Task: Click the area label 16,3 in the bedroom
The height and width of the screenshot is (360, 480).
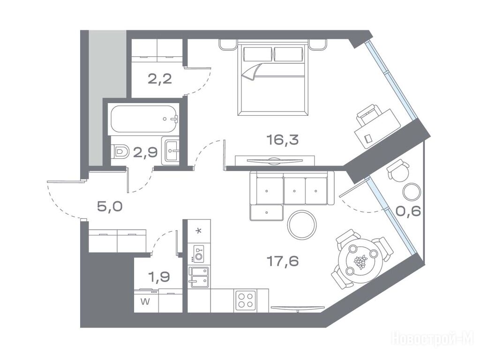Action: tap(282, 140)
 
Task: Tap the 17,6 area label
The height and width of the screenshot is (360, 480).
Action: tap(282, 261)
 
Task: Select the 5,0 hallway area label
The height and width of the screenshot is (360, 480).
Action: tap(110, 206)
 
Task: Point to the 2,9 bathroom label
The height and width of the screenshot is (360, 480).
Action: tap(145, 152)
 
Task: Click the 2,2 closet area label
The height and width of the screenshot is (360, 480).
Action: tap(159, 79)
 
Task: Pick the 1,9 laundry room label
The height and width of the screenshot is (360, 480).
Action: tap(159, 277)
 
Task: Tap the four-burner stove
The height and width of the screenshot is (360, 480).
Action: tap(246, 300)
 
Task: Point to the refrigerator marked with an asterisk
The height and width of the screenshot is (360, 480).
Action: tap(199, 232)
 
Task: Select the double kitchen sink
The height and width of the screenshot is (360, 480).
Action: tap(199, 277)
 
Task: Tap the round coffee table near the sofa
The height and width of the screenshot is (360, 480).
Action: tap(301, 225)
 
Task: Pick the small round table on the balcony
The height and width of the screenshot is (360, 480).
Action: tap(412, 192)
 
